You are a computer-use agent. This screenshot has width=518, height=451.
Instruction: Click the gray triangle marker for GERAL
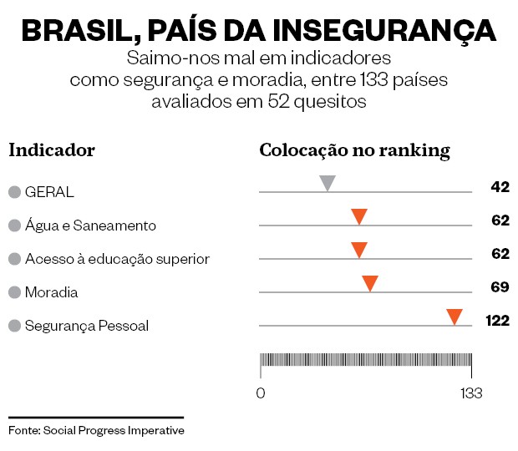click(328, 183)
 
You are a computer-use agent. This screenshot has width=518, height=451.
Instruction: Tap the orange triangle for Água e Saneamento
click(359, 216)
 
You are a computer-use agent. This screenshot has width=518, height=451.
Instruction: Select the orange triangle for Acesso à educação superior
click(359, 250)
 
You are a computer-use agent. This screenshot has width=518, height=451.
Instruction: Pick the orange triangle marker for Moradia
click(370, 283)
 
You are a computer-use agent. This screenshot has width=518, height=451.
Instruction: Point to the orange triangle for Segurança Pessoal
click(455, 317)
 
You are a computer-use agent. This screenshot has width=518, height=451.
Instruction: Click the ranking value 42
click(500, 187)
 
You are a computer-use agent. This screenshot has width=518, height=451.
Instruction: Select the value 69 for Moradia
click(500, 287)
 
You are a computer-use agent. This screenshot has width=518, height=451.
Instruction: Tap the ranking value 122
click(497, 321)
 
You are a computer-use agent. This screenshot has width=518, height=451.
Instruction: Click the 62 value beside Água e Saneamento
click(500, 220)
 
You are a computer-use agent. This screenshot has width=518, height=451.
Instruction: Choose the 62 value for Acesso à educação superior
click(500, 254)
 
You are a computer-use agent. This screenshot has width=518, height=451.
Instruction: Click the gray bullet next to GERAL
click(14, 192)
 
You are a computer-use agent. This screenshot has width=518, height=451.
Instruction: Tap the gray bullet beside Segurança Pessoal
click(14, 326)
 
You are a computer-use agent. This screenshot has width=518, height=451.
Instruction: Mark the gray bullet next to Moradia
click(14, 292)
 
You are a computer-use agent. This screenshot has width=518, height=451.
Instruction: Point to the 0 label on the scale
click(261, 393)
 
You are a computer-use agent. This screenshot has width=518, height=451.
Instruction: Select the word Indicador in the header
click(52, 150)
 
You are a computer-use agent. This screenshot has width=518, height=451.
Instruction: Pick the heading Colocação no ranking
click(355, 150)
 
